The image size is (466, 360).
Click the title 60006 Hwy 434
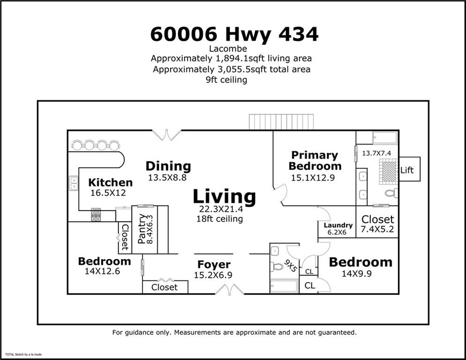point(234,34)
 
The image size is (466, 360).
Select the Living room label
point(224,197)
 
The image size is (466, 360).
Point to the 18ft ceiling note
point(220,219)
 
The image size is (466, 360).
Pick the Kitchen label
point(111,182)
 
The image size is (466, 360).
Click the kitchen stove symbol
point(96,215)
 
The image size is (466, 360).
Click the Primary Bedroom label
point(315,160)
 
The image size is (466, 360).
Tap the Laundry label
point(338,225)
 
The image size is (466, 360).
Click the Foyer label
point(214,265)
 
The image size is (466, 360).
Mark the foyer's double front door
point(229,291)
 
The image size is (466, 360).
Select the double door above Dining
point(167,135)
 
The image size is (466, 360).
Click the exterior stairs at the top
point(281,122)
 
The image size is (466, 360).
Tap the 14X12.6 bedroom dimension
point(104,271)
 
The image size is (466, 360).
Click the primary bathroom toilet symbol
point(391,193)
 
